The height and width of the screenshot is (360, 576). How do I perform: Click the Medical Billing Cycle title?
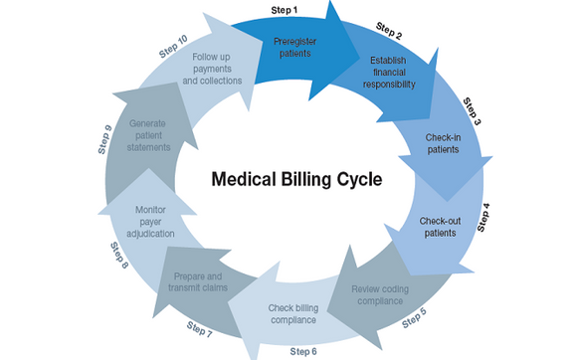(288, 181)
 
